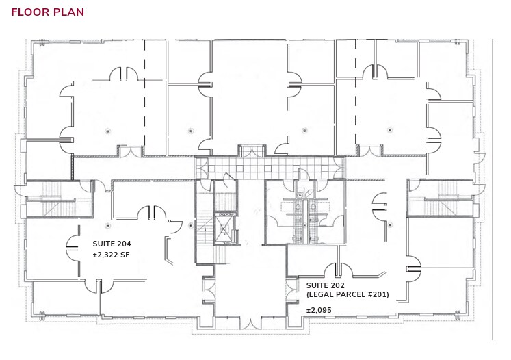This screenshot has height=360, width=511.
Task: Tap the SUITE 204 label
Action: coord(112,244)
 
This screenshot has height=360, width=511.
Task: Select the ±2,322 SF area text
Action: coord(111,255)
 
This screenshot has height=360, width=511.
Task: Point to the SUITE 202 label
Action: coord(325,285)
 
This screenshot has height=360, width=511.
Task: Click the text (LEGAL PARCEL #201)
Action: coord(348,294)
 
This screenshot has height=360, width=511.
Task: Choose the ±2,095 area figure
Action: coord(319,311)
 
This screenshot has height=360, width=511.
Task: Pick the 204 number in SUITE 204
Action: coord(123,244)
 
